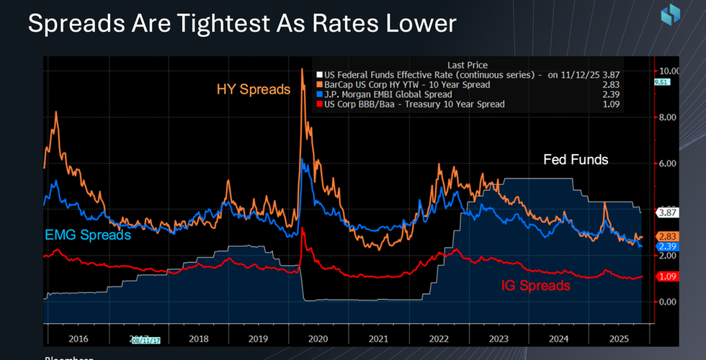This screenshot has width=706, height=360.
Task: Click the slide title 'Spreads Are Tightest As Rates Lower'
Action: click(x=242, y=24)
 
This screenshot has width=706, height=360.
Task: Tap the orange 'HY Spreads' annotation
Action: click(x=254, y=90)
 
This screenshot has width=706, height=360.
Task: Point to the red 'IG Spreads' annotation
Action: click(x=535, y=286)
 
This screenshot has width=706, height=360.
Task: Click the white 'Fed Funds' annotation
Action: click(x=576, y=160)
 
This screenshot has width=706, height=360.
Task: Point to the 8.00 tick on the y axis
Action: click(x=670, y=117)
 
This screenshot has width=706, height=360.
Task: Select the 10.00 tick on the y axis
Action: click(x=670, y=71)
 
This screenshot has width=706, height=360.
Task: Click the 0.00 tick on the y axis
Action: click(x=670, y=302)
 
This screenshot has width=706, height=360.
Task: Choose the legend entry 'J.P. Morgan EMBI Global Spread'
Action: click(x=388, y=94)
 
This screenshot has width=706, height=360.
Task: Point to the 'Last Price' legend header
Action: click(x=465, y=64)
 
